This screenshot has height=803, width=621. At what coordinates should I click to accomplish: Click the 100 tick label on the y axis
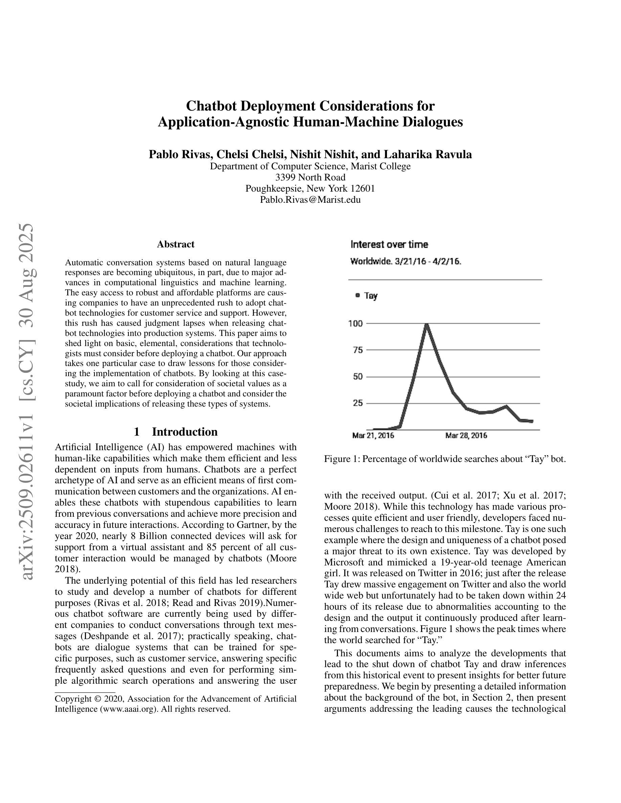coord(355,323)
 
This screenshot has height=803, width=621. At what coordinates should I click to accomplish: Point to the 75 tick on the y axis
coord(358,350)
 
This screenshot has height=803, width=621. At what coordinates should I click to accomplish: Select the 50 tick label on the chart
coord(358,376)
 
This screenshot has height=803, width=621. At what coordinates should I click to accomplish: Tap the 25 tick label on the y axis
coord(358,403)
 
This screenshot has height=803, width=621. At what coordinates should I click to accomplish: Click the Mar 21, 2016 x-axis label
coord(373,436)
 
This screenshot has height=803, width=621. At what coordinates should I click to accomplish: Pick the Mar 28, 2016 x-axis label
coord(466,436)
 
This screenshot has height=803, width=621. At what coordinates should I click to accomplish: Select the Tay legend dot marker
coord(358,295)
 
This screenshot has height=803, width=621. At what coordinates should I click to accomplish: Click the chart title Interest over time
coord(389,244)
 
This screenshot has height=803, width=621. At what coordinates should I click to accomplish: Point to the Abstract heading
coord(176,244)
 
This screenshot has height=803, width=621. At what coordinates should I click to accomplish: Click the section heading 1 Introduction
coord(176,432)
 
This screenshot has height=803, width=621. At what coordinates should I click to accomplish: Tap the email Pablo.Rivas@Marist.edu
coord(310,200)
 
